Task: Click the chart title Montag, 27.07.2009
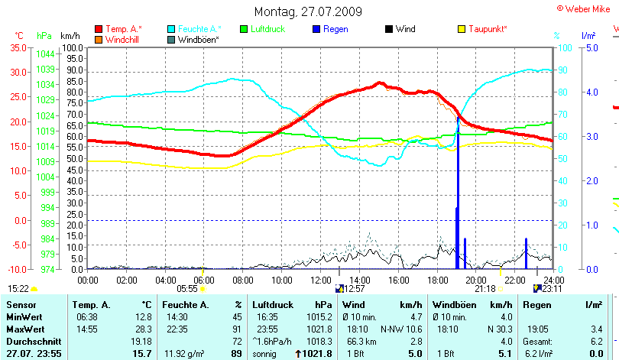tap(309, 11)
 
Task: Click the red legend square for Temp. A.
tap(99, 29)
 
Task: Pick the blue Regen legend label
tap(335, 29)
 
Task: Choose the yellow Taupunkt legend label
tap(488, 29)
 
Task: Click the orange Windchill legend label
tap(122, 39)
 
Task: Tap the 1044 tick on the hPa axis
tap(45, 54)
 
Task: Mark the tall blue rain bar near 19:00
tap(458, 191)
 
